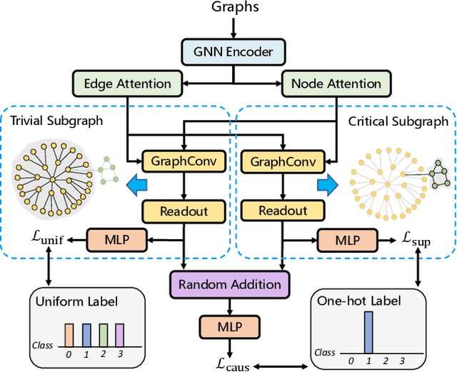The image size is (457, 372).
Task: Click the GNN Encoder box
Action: pos(234,52)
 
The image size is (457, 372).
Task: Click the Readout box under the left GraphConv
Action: pos(184,211)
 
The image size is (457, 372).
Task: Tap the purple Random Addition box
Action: pos(230,284)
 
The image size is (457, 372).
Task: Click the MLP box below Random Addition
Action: pos(230,327)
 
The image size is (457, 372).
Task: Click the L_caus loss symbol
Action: pos(231,361)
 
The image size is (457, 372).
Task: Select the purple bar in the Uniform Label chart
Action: pos(119,334)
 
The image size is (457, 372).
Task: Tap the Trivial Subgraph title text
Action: pos(56,120)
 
